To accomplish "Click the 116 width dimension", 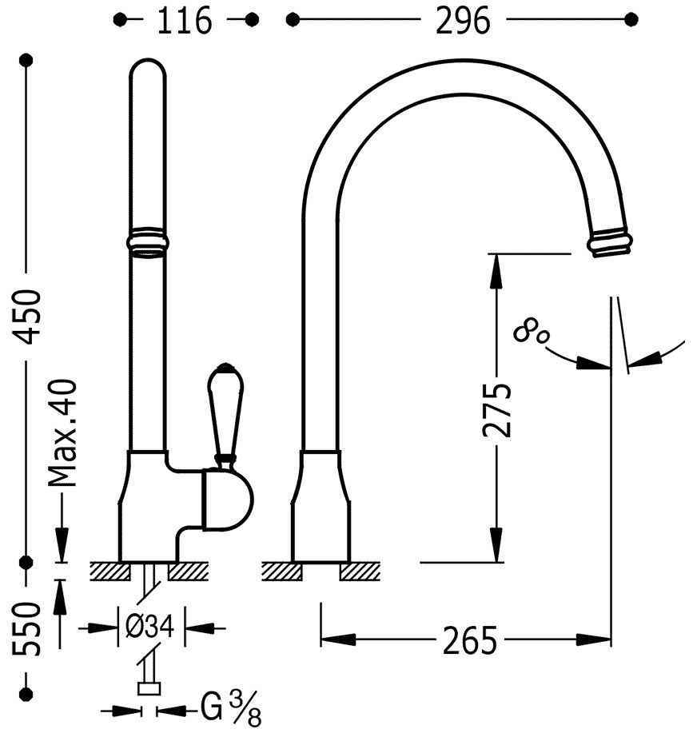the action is point(185,21).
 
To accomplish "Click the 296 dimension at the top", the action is point(463,21).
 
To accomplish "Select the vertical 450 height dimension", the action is point(26,317).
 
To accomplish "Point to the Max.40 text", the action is point(62,432).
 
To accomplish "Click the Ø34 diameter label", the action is point(150,627).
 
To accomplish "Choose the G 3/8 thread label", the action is point(231,709).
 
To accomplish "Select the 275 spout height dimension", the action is point(496,409).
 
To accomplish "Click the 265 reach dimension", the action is point(469,640).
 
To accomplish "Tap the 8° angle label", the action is point(532,331).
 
